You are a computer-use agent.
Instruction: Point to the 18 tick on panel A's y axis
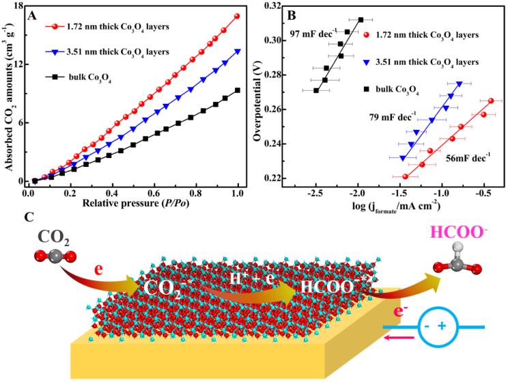click(18, 6)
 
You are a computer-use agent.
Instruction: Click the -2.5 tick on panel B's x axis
click(315, 193)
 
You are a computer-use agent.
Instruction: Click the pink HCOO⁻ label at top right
click(462, 237)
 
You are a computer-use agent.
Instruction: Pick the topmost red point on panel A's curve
click(237, 16)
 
